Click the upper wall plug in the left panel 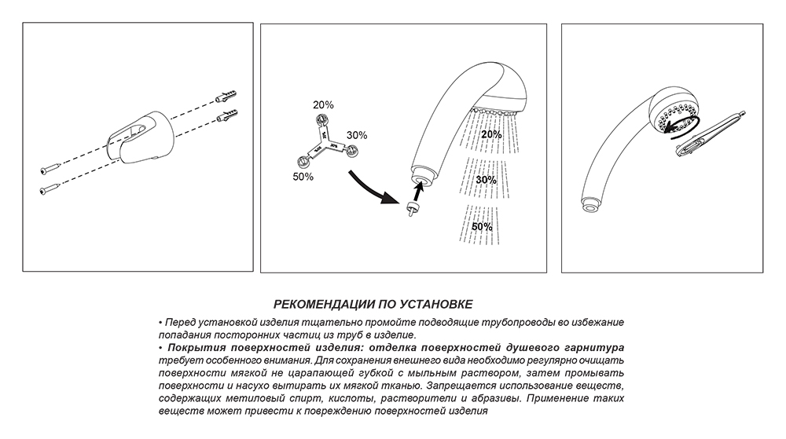pos(224,96)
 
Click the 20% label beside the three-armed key pos(324,104)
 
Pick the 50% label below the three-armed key pos(302,177)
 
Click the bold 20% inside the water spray pos(491,134)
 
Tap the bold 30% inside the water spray pos(486,180)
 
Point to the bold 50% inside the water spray pos(483,226)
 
